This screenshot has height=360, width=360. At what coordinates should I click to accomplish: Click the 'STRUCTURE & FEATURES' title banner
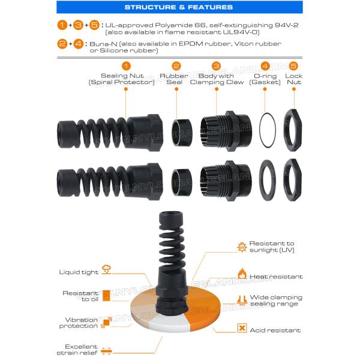click(x=179, y=7)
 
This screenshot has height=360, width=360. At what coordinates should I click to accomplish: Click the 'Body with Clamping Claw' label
click(x=217, y=79)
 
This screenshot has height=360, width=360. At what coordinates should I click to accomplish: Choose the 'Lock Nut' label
click(x=293, y=79)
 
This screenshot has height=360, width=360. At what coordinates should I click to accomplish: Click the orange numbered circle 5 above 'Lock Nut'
click(x=293, y=66)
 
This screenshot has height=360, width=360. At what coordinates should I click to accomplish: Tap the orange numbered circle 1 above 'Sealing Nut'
click(x=125, y=66)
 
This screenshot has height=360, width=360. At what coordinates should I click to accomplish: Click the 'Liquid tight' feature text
click(x=79, y=272)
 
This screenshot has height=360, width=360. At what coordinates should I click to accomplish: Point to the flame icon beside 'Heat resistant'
click(x=242, y=274)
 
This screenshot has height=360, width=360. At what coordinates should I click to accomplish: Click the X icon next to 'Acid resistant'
click(x=242, y=328)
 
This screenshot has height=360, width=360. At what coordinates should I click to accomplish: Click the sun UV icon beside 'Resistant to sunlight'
click(x=242, y=246)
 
